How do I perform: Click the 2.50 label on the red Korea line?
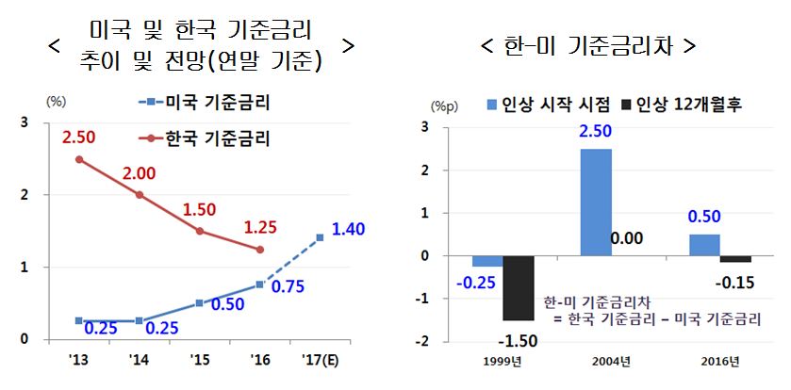[x=79, y=138]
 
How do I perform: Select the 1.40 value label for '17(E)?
[x=348, y=229]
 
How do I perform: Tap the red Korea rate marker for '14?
[x=140, y=195]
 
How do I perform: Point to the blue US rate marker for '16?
[x=259, y=284]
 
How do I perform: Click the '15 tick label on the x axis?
[x=199, y=358]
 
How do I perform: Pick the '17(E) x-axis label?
[x=320, y=358]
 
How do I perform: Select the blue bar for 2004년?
[x=596, y=203]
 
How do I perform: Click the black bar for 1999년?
[x=519, y=287]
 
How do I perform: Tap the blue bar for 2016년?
[x=703, y=245]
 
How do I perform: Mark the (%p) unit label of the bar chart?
[x=444, y=107]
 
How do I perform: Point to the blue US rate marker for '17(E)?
[x=320, y=237]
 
